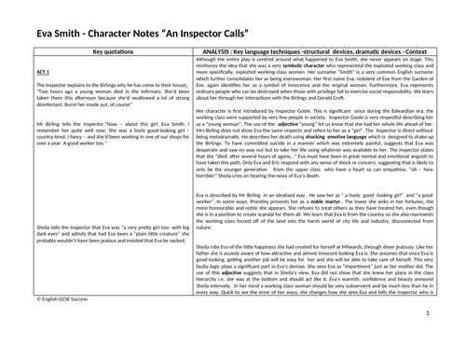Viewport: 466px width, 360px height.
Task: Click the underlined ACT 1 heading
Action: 18,71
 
